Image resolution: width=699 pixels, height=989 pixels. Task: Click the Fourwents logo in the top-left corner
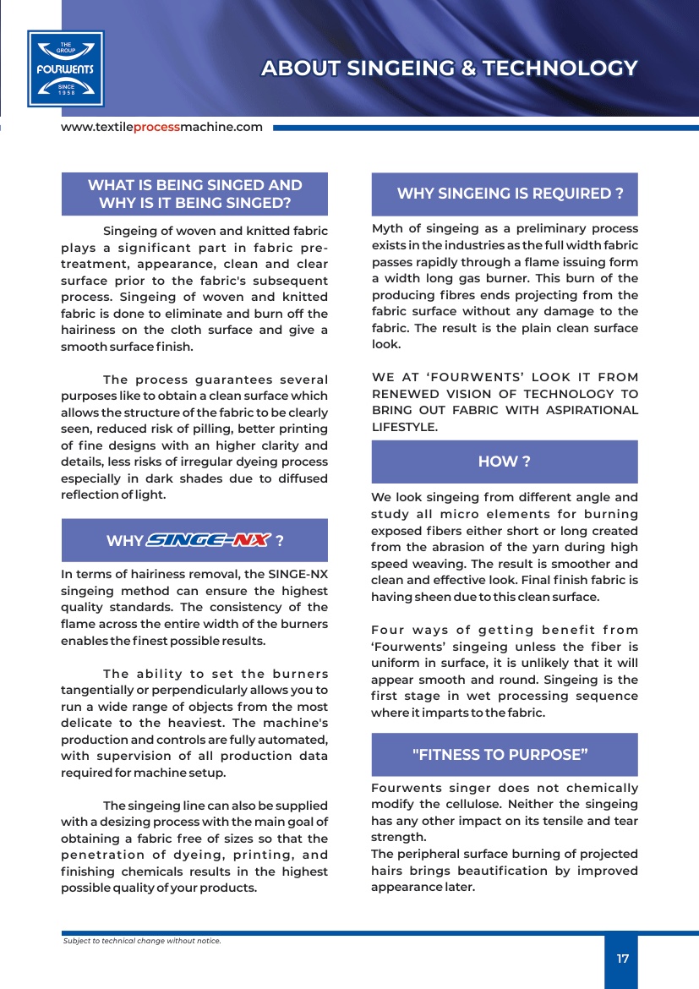[65, 68]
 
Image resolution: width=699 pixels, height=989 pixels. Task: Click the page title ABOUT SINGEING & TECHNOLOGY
[449, 68]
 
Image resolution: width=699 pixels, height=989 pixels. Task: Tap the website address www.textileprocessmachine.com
[161, 127]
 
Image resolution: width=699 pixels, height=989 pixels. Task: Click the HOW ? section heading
[504, 462]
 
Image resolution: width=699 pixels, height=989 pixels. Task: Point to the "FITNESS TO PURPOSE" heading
[500, 754]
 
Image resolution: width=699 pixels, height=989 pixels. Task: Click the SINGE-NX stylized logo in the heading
[209, 540]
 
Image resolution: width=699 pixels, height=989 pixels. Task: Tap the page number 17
[622, 959]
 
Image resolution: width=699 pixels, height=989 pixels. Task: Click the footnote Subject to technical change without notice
[142, 940]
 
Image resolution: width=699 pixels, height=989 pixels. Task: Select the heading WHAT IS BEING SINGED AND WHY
[194, 194]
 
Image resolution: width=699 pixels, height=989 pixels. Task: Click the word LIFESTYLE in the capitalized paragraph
[405, 427]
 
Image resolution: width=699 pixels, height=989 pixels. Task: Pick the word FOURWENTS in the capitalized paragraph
[469, 377]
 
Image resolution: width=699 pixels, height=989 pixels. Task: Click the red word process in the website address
[156, 127]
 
